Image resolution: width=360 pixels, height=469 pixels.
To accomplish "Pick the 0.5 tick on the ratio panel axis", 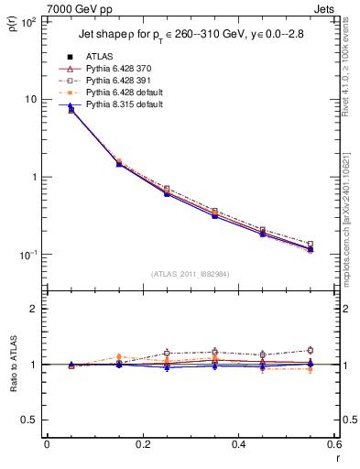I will pyautogui.click(x=31, y=420).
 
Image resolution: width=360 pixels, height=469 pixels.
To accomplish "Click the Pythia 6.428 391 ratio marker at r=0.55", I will pyautogui.click(x=310, y=350).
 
